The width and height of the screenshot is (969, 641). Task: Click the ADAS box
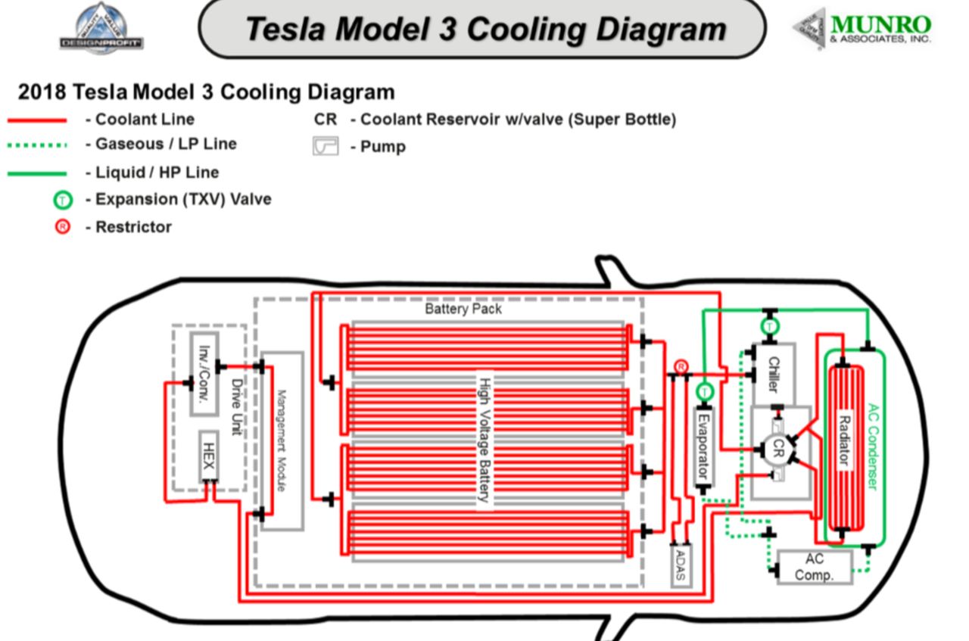[x=681, y=564]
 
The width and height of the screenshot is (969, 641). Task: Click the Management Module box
[x=281, y=440]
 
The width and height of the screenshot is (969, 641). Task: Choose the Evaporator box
[x=703, y=447]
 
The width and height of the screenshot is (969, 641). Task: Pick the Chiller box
[x=773, y=374]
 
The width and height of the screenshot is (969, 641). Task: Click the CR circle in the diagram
[x=774, y=451]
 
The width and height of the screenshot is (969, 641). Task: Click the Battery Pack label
[x=463, y=309]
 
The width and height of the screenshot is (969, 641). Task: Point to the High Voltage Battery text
[x=483, y=439]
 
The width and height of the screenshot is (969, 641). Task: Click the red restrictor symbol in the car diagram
[x=681, y=367]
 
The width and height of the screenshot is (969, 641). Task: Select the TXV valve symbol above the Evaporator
[x=704, y=391]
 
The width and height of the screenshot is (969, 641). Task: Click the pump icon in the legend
[x=326, y=146]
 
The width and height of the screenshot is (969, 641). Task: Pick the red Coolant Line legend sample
[x=37, y=120]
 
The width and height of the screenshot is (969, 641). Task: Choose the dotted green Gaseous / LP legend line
[x=37, y=145]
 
